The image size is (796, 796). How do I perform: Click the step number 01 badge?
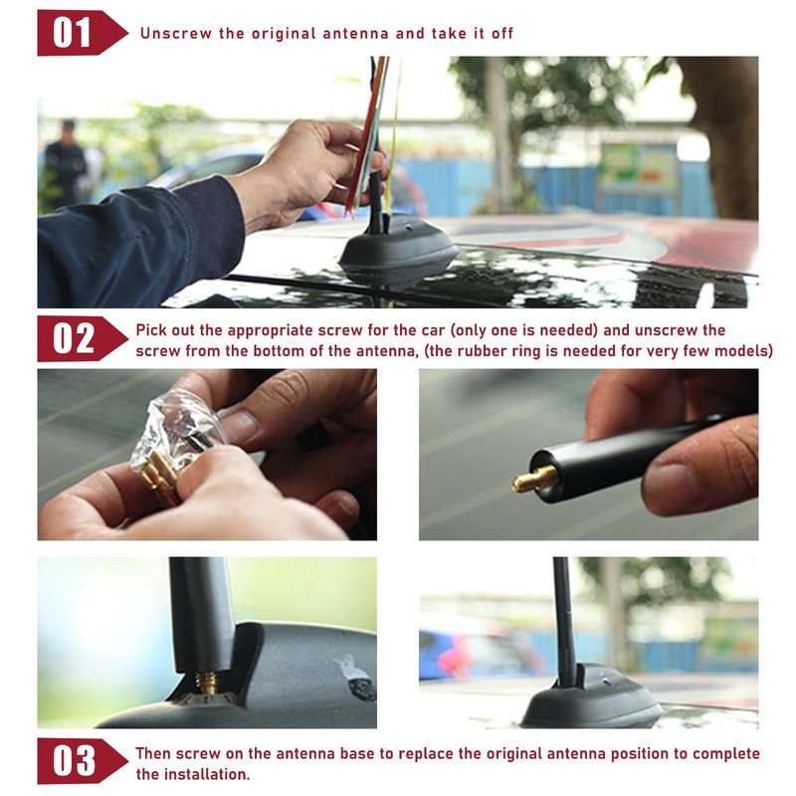pos(82,33)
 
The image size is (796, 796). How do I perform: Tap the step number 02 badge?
pos(82,338)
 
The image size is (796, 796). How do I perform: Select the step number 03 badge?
pos(82,761)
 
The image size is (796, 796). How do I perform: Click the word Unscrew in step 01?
pos(176,34)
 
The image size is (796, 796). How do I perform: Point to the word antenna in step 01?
pos(355,34)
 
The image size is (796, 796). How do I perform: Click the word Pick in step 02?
pos(151,330)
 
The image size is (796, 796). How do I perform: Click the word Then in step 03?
pos(153,753)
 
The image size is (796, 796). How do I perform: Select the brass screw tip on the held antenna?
pos(534,480)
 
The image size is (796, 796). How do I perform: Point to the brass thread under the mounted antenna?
pos(207,683)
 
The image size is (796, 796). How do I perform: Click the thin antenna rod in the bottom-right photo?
pos(564,619)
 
